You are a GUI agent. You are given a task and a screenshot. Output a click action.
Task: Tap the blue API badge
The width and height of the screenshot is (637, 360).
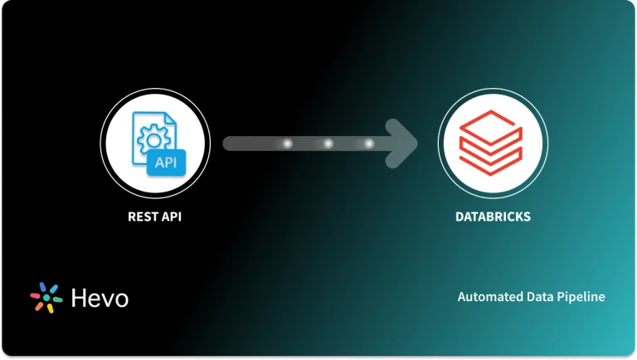pyautogui.click(x=167, y=163)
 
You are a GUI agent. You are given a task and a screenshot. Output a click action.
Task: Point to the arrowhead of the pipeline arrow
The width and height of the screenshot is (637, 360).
pyautogui.click(x=406, y=144)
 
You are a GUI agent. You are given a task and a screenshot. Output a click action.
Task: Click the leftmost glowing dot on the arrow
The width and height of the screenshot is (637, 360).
pyautogui.click(x=288, y=144)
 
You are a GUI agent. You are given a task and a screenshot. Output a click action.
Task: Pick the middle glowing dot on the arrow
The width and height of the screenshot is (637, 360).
pyautogui.click(x=328, y=144)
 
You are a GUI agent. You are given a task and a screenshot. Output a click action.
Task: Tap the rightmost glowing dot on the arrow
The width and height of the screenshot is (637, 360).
pyautogui.click(x=369, y=144)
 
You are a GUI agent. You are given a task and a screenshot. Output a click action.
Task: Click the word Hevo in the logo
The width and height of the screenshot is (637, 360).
pyautogui.click(x=100, y=297)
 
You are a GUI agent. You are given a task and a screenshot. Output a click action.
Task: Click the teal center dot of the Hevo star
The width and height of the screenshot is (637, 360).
pyautogui.click(x=46, y=298)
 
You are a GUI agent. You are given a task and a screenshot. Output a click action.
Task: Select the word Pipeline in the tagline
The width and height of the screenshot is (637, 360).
pyautogui.click(x=581, y=296)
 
